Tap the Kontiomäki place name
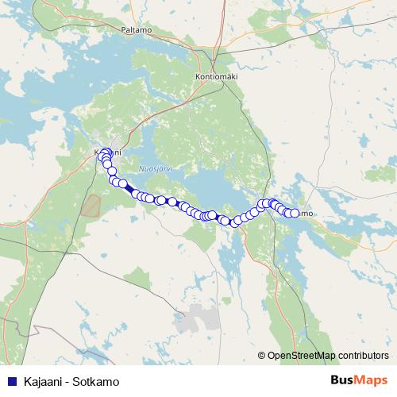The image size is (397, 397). [x=216, y=76]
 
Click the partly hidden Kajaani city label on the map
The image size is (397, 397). [x=110, y=152]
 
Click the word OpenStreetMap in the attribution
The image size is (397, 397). [x=301, y=355]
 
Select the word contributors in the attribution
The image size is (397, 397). [x=363, y=355]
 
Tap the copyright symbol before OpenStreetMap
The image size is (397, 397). [x=261, y=355]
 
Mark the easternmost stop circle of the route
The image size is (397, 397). [x=295, y=213]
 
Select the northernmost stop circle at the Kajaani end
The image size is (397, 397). [x=106, y=151]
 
